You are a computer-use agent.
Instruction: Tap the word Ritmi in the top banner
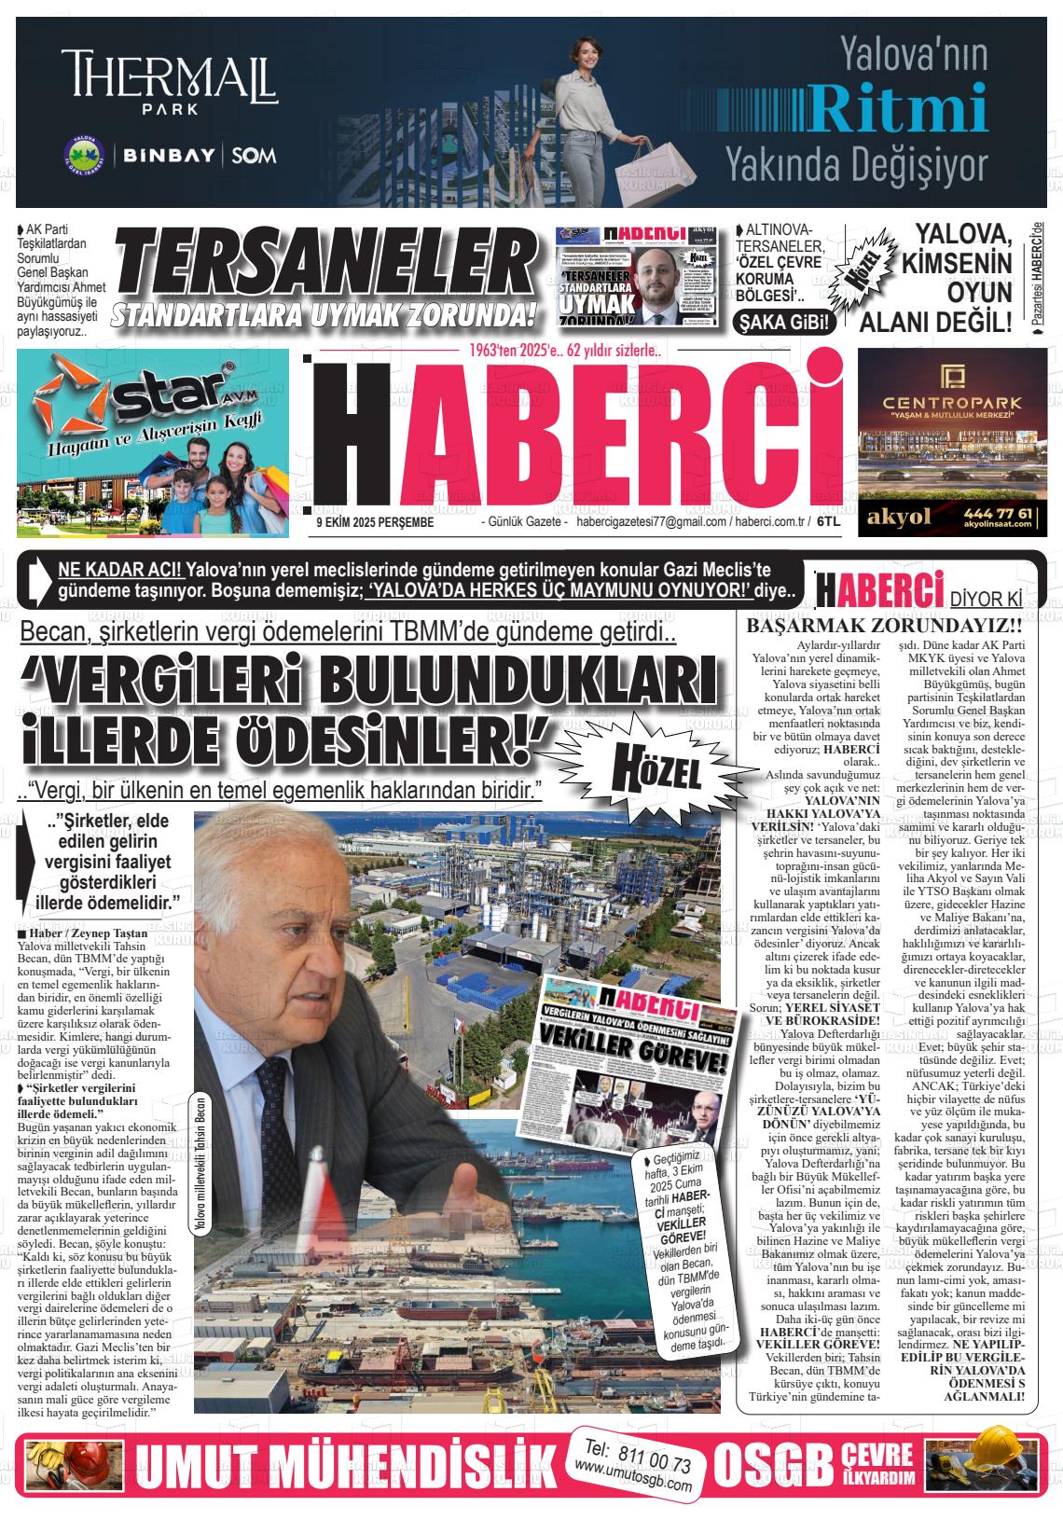pyautogui.click(x=899, y=108)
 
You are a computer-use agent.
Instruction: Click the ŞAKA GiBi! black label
pyautogui.click(x=784, y=323)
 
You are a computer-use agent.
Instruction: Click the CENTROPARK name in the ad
pyautogui.click(x=945, y=402)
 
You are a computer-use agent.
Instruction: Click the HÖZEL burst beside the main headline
pyautogui.click(x=656, y=769)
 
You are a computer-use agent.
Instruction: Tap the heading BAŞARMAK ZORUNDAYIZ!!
pyautogui.click(x=888, y=627)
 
